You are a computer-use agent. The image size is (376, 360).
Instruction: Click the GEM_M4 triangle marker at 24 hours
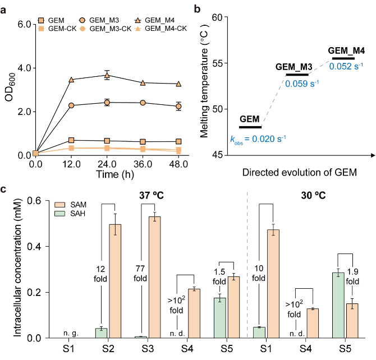pyautogui.click(x=107, y=76)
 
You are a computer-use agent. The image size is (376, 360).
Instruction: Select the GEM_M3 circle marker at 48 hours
pyautogui.click(x=178, y=107)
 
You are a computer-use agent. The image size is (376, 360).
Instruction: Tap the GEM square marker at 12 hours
pyautogui.click(x=71, y=140)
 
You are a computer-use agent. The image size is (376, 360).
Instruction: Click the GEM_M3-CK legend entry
pyautogui.click(x=106, y=29)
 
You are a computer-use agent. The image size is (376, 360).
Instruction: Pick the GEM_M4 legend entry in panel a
pyautogui.click(x=155, y=20)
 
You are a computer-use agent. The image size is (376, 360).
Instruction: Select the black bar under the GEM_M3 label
pyautogui.click(x=297, y=75)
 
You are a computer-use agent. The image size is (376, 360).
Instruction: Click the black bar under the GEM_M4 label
pyautogui.click(x=343, y=58)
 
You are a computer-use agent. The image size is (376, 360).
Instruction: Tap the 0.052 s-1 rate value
pyautogui.click(x=346, y=66)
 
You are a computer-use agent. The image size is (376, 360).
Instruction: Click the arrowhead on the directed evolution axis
pyautogui.click(x=373, y=155)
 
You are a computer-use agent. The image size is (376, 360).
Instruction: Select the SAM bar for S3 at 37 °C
pyautogui.click(x=155, y=278)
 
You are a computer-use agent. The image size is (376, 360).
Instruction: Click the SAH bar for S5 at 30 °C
pyautogui.click(x=338, y=306)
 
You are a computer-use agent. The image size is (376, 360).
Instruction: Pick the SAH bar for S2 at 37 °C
pyautogui.click(x=101, y=333)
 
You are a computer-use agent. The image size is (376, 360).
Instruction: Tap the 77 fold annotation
pyautogui.click(x=140, y=274)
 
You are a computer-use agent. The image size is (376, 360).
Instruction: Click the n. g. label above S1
pyautogui.click(x=71, y=333)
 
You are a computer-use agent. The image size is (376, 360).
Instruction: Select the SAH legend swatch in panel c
pyautogui.click(x=59, y=213)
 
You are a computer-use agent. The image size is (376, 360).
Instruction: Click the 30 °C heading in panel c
pyautogui.click(x=313, y=196)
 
